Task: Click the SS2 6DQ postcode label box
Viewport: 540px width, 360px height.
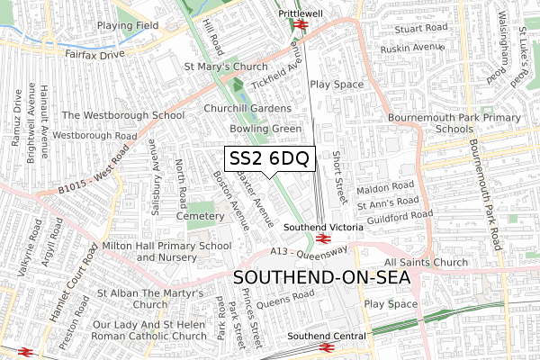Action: click(269, 159)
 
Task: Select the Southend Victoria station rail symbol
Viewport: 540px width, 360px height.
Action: click(321, 240)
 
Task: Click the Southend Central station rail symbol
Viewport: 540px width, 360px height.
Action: click(322, 348)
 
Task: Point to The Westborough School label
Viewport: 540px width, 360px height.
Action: click(123, 115)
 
